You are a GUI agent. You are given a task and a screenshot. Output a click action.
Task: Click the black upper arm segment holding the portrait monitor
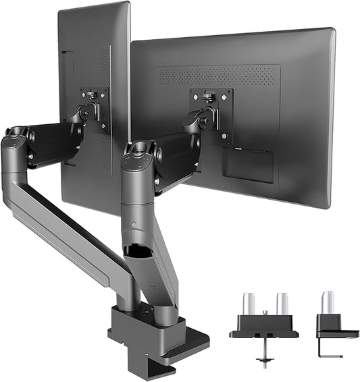[x=53, y=142]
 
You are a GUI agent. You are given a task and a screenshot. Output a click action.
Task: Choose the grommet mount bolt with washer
[x=264, y=354]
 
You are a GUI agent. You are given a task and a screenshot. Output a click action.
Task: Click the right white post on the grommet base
[x=282, y=303]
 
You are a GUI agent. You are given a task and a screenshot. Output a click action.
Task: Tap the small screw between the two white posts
[x=265, y=312]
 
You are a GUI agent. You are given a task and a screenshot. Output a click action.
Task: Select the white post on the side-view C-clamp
[x=329, y=302]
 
